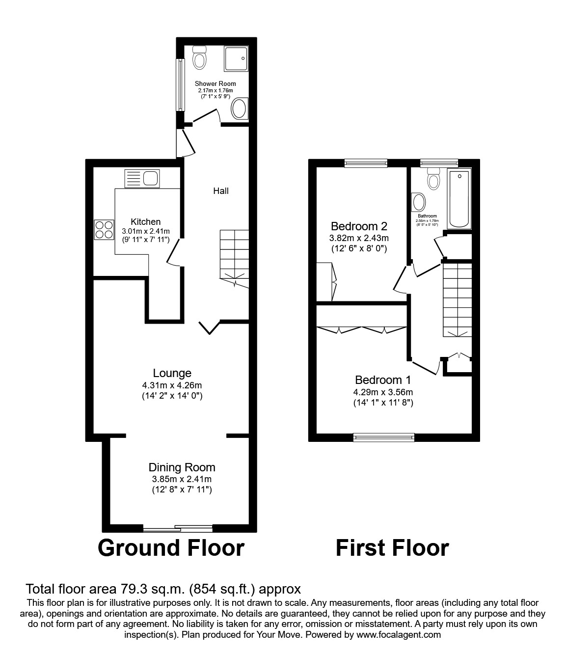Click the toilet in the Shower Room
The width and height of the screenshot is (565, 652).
(199, 57)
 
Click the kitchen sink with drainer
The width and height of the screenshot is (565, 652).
(141, 178)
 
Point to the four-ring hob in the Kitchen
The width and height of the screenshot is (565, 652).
(104, 229)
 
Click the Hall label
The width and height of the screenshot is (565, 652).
(221, 191)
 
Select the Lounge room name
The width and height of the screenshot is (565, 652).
(172, 373)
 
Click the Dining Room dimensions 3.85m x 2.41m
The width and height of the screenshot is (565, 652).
(182, 479)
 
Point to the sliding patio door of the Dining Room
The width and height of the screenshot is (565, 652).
(178, 528)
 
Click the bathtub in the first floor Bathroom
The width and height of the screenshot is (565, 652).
(459, 198)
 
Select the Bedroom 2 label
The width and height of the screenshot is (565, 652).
(359, 226)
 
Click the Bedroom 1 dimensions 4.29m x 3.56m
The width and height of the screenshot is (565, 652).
(383, 392)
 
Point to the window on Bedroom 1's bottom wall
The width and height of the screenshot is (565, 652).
(384, 437)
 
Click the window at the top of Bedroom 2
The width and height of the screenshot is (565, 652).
(366, 163)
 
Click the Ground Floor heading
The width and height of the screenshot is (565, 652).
(171, 548)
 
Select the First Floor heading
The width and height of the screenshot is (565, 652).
(392, 548)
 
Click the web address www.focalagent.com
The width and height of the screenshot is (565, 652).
(399, 635)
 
